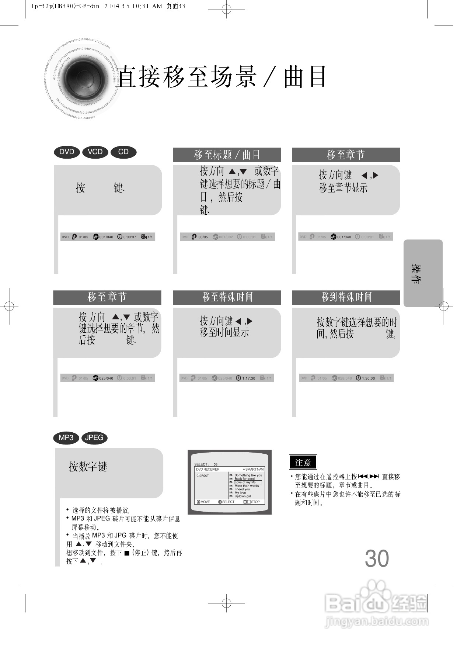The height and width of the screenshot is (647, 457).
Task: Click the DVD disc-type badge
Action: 67,152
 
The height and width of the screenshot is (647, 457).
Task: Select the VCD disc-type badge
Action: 95,152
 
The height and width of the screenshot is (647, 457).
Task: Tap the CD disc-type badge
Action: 123,152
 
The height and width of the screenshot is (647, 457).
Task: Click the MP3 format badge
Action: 66,438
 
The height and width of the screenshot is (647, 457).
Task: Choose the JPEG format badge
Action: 94,438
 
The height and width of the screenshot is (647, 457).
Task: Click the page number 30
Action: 377,558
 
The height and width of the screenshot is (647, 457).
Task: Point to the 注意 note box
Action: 303,462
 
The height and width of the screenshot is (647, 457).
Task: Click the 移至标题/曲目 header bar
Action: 227,155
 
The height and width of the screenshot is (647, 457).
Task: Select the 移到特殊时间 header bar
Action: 346,297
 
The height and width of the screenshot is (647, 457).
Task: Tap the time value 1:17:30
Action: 248,378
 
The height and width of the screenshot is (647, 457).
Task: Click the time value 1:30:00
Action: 368,378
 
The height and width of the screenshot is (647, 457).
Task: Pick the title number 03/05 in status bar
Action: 203,237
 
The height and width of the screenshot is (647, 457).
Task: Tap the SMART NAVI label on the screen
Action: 254,470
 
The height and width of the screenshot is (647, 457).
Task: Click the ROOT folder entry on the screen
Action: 205,475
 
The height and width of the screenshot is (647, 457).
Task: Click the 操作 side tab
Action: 423,273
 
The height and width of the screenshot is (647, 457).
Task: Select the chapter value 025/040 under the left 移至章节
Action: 106,378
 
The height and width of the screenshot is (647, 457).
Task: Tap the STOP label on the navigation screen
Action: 255,502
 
